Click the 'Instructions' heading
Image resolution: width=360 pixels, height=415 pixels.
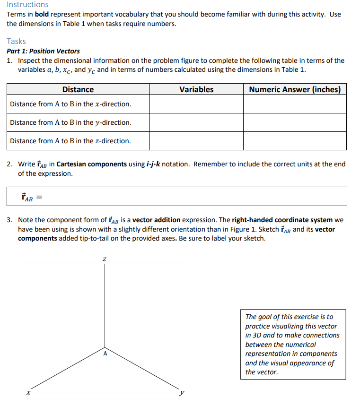[27, 5]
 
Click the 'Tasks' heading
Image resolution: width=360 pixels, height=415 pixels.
[16, 41]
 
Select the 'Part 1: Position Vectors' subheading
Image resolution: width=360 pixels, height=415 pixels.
[43, 51]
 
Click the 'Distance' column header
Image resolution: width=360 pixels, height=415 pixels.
[78, 89]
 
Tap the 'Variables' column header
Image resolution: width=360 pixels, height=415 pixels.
[196, 89]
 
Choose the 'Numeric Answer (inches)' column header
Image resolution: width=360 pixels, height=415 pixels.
[295, 89]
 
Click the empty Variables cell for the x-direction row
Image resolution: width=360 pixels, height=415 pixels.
[196, 104]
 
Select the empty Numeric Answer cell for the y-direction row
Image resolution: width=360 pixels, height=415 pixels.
[295, 122]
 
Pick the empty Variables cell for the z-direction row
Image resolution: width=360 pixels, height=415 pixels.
[196, 141]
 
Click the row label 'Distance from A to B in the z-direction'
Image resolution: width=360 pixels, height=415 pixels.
[70, 141]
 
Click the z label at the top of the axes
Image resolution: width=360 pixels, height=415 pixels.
[105, 259]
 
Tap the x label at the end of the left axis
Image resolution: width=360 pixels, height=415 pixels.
[28, 392]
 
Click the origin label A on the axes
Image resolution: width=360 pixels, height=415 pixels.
[105, 352]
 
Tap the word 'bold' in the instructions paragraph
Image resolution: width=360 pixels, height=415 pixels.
[43, 14]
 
